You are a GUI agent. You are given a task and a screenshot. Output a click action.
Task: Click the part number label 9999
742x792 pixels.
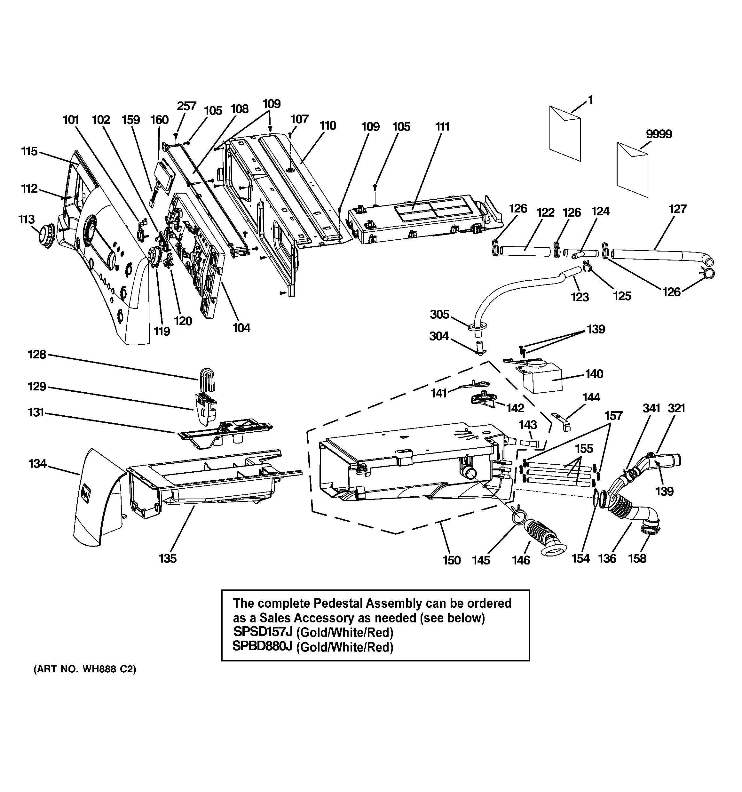[659, 134]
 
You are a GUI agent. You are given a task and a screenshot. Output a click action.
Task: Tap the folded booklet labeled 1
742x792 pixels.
[565, 133]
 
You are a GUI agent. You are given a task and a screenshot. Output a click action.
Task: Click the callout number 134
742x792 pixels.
[37, 464]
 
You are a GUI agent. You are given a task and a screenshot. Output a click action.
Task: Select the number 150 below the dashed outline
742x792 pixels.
[451, 560]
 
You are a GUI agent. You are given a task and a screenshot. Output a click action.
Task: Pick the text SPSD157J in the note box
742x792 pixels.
[263, 632]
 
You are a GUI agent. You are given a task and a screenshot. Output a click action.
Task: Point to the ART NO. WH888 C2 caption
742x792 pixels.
[85, 669]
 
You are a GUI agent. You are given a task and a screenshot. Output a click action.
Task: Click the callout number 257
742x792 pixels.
[186, 106]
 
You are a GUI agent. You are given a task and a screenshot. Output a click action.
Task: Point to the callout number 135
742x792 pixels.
[167, 558]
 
